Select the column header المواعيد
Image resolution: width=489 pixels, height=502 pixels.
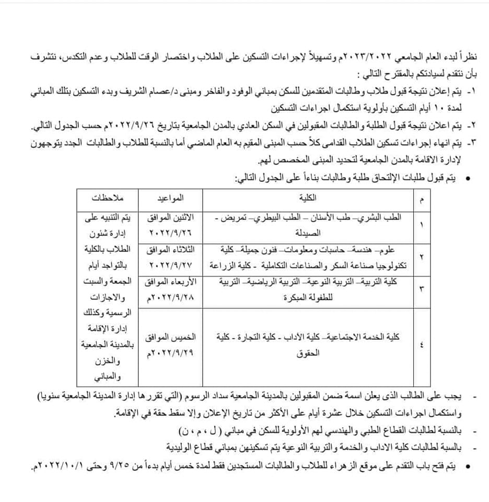pos(170,198)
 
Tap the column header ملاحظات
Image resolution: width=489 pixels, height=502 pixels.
pos(108,198)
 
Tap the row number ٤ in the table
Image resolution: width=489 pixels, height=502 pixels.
pos(422,345)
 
